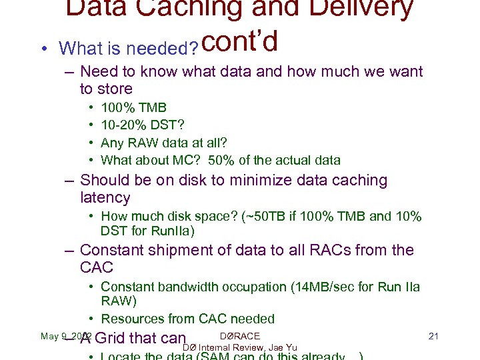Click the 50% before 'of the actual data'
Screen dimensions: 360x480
pyautogui.click(x=221, y=160)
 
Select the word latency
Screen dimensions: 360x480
pyautogui.click(x=105, y=197)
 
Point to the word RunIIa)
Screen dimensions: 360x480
pyautogui.click(x=171, y=231)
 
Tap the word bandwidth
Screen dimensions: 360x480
pyautogui.click(x=189, y=287)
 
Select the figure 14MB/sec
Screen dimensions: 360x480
pyautogui.click(x=320, y=287)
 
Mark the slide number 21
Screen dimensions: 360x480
pyautogui.click(x=433, y=336)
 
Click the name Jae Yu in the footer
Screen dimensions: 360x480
pyautogui.click(x=283, y=347)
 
